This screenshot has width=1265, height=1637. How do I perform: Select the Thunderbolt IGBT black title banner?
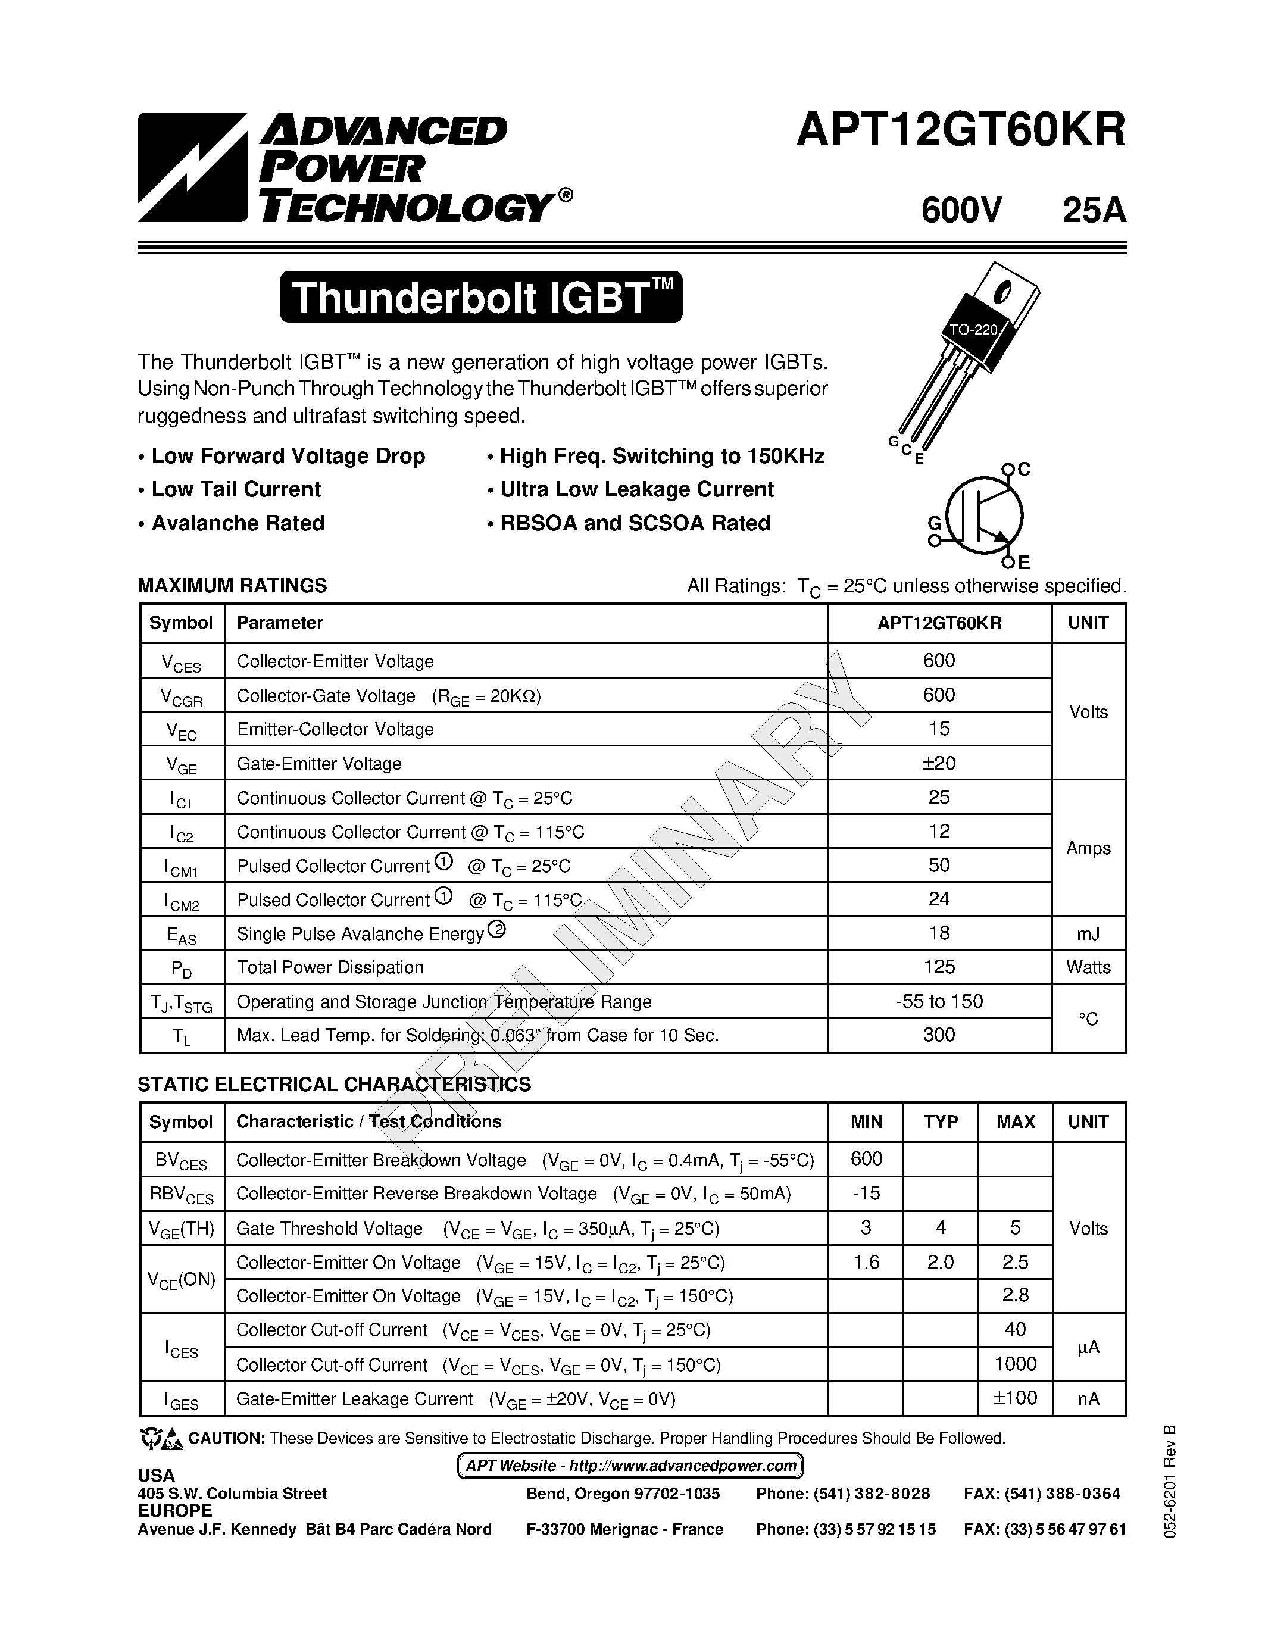481,298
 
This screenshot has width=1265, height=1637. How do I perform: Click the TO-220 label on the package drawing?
973,329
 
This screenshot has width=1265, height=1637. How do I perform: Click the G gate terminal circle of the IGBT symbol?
934,540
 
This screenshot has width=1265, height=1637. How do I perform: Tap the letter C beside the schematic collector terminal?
1025,470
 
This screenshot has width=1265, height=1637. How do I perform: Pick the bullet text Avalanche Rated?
238,523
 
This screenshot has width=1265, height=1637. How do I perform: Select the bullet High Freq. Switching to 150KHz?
662,457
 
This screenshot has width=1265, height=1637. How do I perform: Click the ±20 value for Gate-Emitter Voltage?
939,763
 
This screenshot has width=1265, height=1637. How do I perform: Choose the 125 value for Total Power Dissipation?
939,967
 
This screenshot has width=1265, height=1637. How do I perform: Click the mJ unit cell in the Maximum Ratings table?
1088,933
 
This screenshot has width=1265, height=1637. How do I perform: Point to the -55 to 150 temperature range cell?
939,1001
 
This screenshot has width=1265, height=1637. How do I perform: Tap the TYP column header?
941,1121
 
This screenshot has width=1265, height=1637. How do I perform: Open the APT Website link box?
630,1466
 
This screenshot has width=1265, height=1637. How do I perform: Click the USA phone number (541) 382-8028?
843,1494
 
